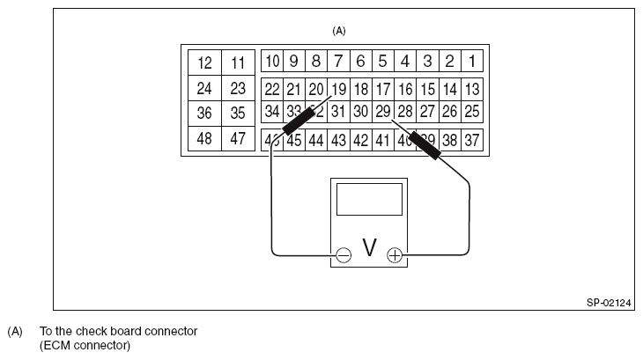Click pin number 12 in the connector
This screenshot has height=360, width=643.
(205, 63)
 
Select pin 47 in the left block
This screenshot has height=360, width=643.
(237, 139)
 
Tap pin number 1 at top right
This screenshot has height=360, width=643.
(472, 62)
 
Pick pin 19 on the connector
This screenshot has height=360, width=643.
(339, 89)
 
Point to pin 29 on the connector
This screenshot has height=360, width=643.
(383, 112)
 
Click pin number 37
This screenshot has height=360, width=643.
(472, 140)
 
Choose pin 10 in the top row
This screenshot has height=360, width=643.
(272, 62)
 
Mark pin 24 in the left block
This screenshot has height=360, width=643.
(205, 89)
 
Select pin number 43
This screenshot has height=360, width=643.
(339, 140)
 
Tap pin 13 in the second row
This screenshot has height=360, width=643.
(472, 89)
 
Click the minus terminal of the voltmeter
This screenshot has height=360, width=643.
(344, 255)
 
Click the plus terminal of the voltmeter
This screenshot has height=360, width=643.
(395, 255)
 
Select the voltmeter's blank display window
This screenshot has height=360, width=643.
(369, 200)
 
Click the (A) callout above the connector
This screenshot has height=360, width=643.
(339, 31)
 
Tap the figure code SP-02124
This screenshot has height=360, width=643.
(610, 301)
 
